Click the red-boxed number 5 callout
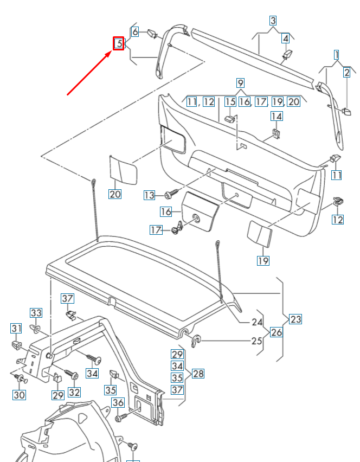[118, 43]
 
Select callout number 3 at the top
[273, 21]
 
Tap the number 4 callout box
[285, 38]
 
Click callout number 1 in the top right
[336, 54]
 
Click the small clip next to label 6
[152, 34]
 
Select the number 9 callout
[240, 83]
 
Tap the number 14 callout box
[277, 117]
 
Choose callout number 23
[295, 319]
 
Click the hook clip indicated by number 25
[197, 340]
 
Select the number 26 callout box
[276, 332]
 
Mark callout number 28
[198, 374]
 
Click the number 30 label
[19, 395]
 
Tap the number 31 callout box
[16, 328]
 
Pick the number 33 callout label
[36, 313]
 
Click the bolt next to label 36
[121, 418]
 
